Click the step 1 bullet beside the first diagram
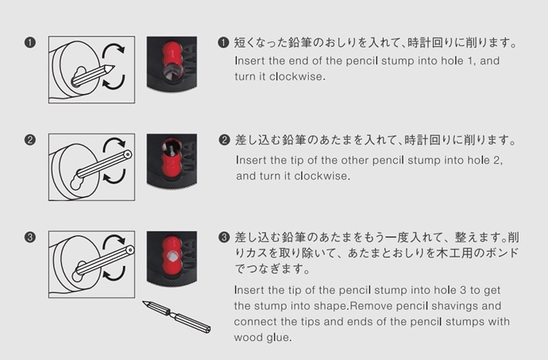tap(30, 43)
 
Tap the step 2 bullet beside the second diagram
tap(30, 140)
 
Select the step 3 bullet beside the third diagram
tap(30, 237)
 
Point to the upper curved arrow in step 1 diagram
tap(113, 49)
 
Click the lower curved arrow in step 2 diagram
tap(114, 176)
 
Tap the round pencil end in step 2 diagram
tap(127, 154)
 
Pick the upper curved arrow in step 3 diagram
tap(114, 242)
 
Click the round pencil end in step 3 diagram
tap(129, 250)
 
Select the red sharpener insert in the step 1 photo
tap(172, 56)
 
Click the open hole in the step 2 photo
tap(171, 146)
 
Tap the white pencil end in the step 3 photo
tap(172, 257)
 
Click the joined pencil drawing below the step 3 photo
tap(177, 316)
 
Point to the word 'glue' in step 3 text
tap(278, 338)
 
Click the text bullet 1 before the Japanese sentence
tap(223, 43)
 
